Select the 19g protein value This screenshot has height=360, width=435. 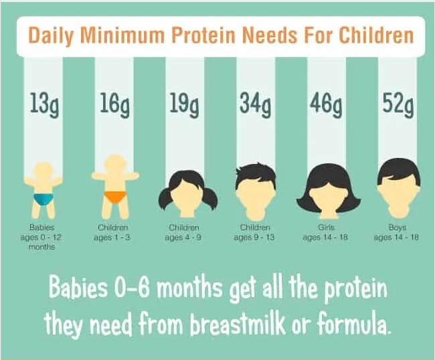183,104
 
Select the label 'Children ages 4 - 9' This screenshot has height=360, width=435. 183,232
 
